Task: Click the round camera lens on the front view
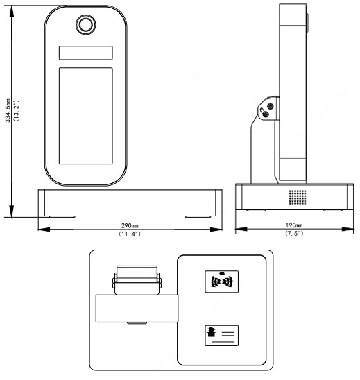click(85, 24)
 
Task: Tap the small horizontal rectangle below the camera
click(85, 53)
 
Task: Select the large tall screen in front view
click(85, 116)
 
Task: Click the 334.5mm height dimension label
click(8, 110)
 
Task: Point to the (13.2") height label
click(16, 110)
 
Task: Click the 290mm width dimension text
click(130, 225)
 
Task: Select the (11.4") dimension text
click(130, 234)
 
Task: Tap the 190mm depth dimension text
click(294, 225)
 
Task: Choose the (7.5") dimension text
click(294, 234)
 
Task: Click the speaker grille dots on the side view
click(298, 197)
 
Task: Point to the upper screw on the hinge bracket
click(271, 106)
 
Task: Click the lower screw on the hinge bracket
click(266, 114)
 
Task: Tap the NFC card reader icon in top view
click(221, 282)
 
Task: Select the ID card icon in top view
click(221, 336)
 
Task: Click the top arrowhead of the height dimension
click(11, 12)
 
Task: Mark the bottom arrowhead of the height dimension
click(11, 211)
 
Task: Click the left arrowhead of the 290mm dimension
click(44, 230)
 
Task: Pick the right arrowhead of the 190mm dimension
click(348, 229)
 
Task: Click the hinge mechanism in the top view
click(137, 280)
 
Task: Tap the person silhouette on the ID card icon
click(212, 331)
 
